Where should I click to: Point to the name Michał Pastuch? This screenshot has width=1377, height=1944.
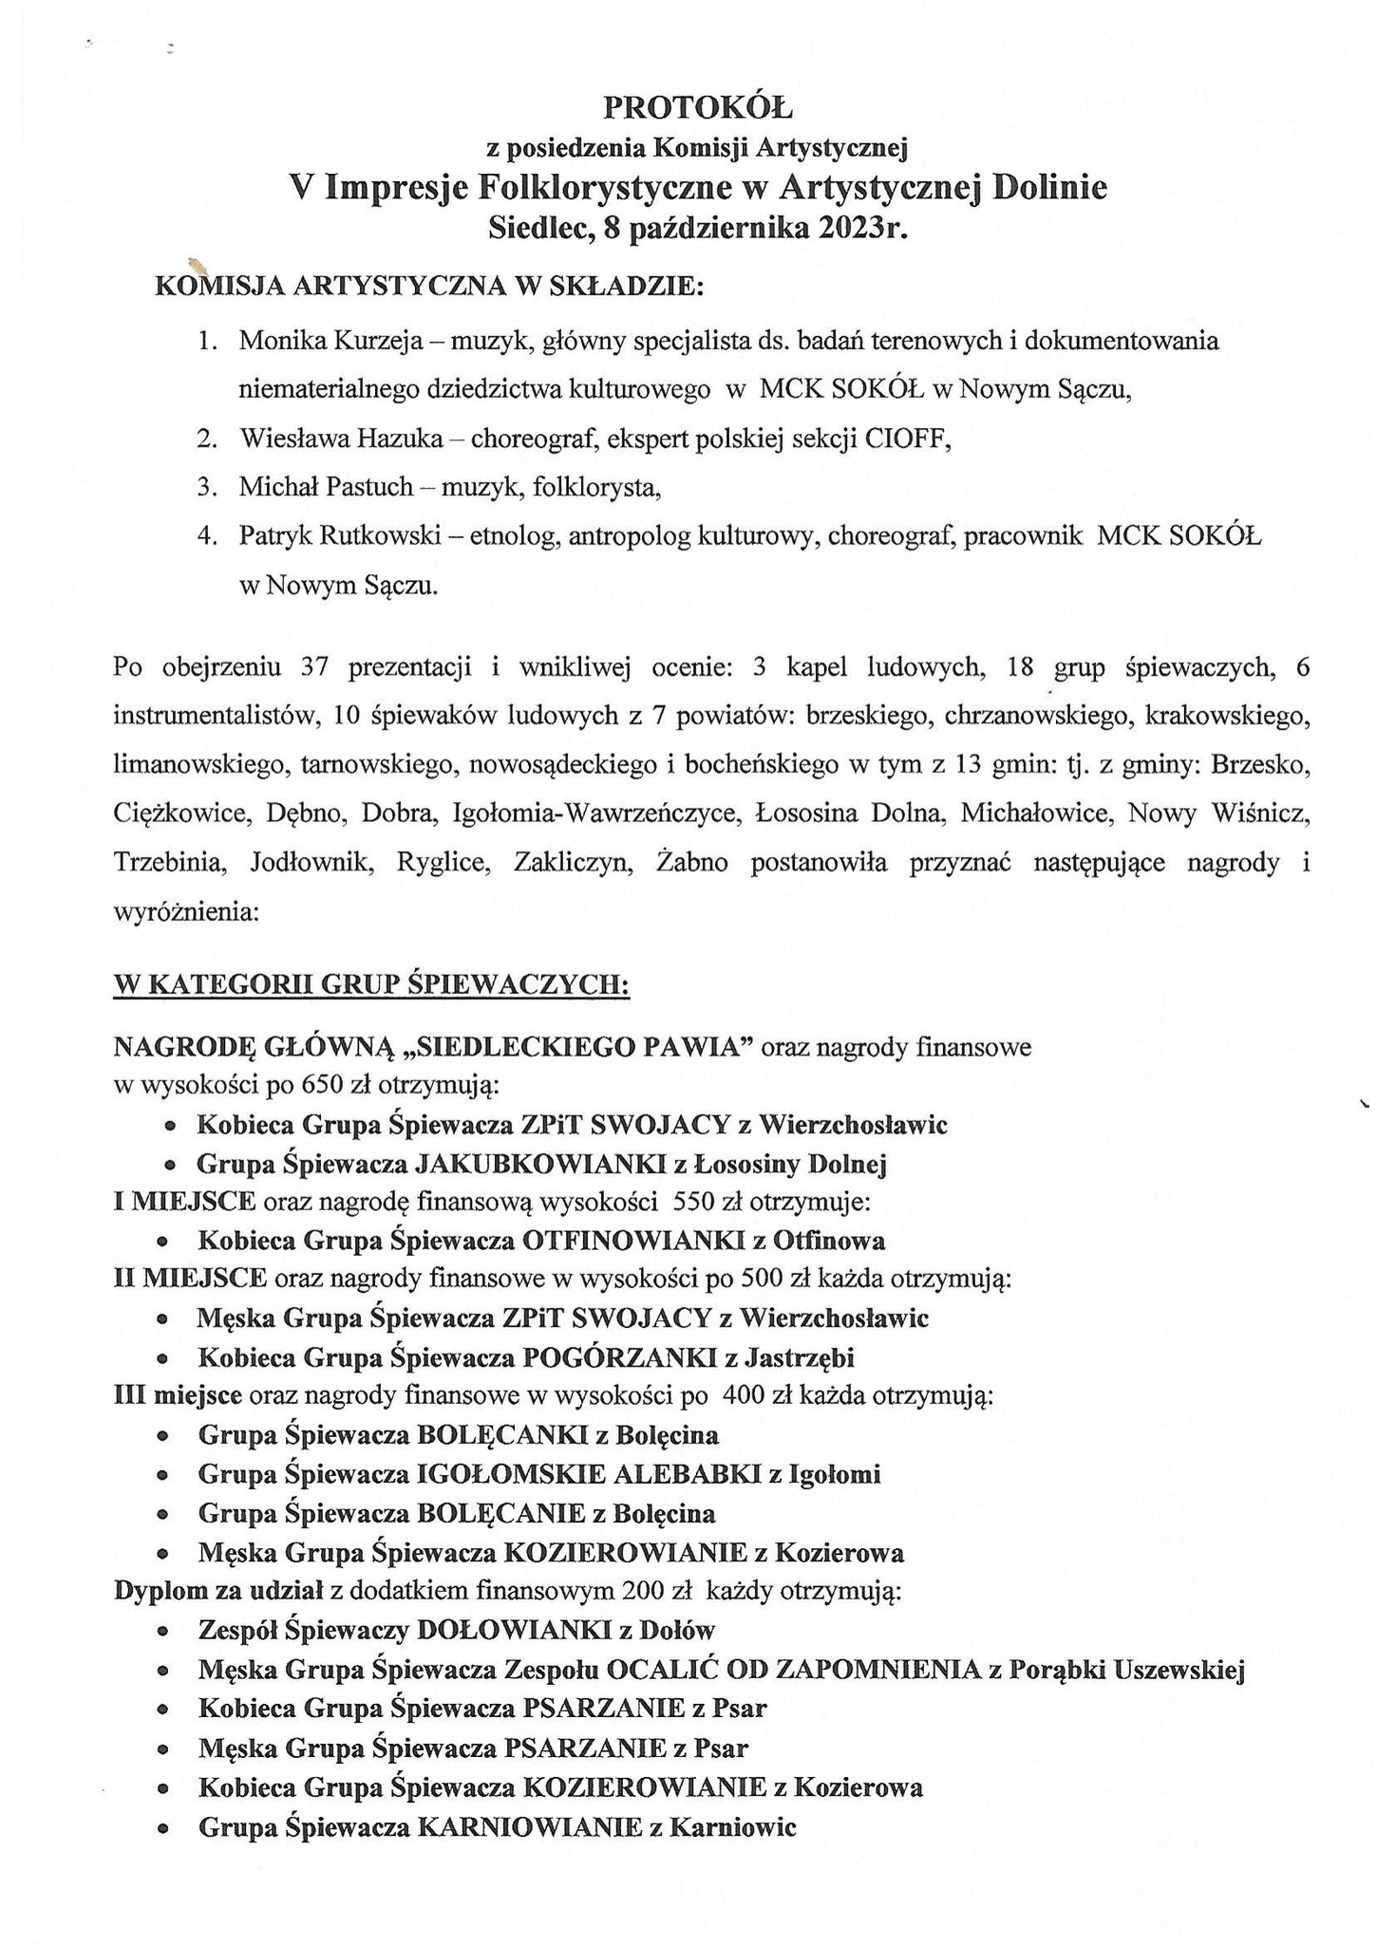tap(326, 487)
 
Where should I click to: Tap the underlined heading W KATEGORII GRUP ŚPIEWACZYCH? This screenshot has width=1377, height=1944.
tap(370, 985)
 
